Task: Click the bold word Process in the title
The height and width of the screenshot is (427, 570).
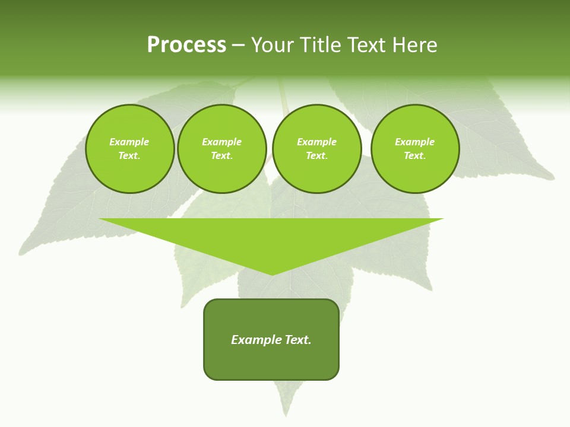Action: (186, 45)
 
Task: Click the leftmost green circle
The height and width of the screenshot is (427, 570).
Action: (129, 149)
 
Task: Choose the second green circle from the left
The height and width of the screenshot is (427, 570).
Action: (221, 149)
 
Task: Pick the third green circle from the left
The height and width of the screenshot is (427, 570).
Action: (316, 149)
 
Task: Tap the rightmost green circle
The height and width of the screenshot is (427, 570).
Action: (415, 149)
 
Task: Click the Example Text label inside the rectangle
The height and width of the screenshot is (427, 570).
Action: (271, 340)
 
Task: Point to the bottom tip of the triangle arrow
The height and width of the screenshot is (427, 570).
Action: (272, 275)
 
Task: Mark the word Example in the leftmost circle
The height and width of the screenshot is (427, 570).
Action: (129, 142)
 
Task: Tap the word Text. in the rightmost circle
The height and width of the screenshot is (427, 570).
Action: (415, 156)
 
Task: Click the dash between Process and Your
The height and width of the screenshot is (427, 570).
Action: (239, 45)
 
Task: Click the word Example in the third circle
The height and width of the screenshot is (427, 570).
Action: (316, 142)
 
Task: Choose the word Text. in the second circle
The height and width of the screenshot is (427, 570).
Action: (221, 156)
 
